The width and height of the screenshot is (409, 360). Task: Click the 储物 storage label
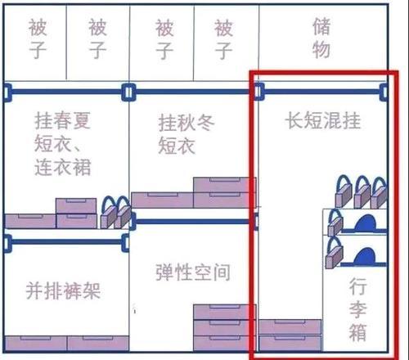click(x=321, y=38)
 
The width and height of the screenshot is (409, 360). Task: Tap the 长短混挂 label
click(x=323, y=120)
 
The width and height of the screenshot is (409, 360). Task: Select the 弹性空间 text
click(x=193, y=272)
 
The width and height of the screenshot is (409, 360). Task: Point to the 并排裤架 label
click(x=63, y=290)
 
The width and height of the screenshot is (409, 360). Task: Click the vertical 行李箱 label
click(x=357, y=309)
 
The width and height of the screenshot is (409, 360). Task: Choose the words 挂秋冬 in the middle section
click(x=187, y=123)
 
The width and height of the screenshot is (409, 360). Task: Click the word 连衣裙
click(x=63, y=167)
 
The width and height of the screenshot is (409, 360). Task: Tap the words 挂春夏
click(x=63, y=120)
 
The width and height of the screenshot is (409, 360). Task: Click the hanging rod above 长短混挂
click(x=321, y=92)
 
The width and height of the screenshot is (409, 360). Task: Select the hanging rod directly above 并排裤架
click(x=66, y=242)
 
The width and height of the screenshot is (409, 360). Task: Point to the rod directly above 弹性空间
click(x=194, y=221)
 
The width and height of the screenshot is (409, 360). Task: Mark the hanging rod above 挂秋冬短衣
click(x=192, y=92)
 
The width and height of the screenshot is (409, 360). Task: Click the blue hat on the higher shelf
click(x=366, y=223)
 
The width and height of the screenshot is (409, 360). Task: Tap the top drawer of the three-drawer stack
click(x=225, y=313)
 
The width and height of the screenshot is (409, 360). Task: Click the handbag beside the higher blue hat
click(x=335, y=222)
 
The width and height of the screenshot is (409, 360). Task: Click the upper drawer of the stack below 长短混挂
click(x=290, y=327)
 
